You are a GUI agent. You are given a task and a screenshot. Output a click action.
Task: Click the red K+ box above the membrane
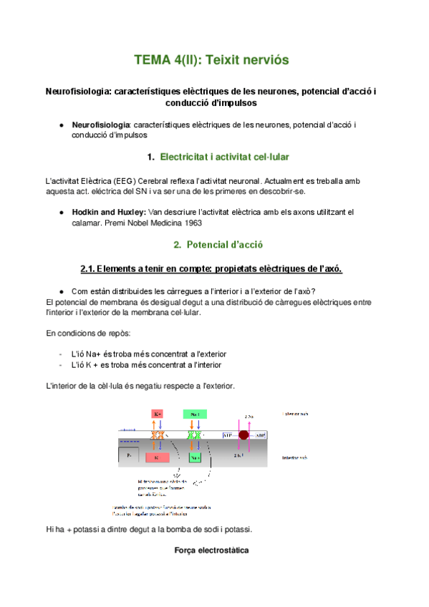tap(158, 414)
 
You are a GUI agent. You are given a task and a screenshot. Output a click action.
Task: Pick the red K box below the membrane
tap(158, 457)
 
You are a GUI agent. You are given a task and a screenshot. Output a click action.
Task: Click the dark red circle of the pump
tap(244, 434)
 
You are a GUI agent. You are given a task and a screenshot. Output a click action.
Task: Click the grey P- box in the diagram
tap(129, 455)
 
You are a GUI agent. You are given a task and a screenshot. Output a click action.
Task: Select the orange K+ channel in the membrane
tap(158, 435)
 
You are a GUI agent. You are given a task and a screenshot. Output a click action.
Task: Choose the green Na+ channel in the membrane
tap(193, 435)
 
